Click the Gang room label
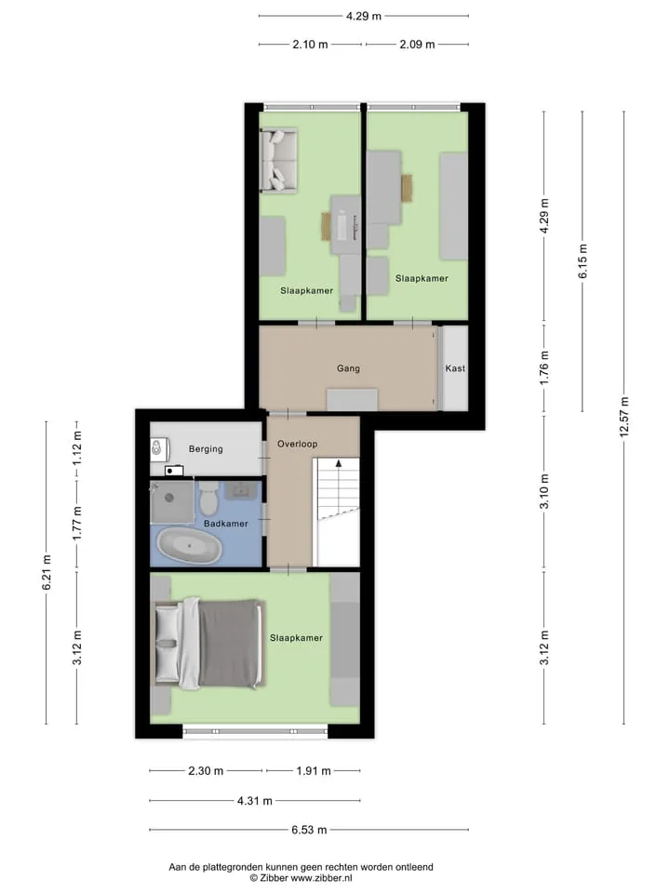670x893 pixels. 348,368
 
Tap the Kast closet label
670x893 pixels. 455,368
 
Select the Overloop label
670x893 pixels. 298,444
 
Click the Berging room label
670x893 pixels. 206,448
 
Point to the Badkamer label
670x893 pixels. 225,524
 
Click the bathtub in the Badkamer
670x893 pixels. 189,546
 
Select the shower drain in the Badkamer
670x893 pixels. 169,498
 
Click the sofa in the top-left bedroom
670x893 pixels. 278,161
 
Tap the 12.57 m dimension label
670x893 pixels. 623,417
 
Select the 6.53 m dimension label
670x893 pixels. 309,830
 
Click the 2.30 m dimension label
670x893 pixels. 206,771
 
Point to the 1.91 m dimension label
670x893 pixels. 314,771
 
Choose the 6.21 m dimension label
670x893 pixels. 47,572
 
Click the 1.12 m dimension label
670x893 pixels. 77,447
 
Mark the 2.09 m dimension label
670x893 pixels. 417,45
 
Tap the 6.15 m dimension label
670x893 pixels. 583,261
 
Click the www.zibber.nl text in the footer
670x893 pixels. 321,878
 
